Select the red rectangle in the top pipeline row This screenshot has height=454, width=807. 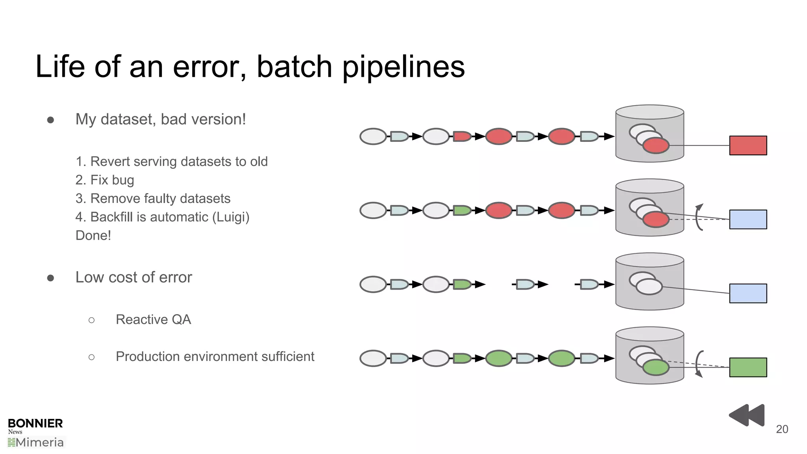(x=747, y=145)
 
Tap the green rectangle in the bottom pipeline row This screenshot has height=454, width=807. (x=747, y=367)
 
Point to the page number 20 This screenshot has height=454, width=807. (x=782, y=429)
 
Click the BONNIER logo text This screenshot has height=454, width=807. (x=35, y=424)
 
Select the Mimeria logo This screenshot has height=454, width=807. (x=36, y=443)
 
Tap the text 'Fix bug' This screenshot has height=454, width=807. (x=112, y=180)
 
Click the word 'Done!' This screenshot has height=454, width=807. (x=93, y=236)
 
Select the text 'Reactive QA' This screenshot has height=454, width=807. (x=153, y=320)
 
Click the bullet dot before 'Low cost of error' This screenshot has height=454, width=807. (x=50, y=278)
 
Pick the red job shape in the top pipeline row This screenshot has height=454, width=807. (x=461, y=137)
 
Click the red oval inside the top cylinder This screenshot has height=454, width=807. (x=656, y=146)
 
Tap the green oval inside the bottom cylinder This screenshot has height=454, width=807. (x=656, y=368)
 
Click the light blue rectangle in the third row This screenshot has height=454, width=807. (x=747, y=293)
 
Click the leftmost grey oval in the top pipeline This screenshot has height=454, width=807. (x=373, y=136)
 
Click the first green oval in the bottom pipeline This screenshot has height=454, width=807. (x=498, y=358)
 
